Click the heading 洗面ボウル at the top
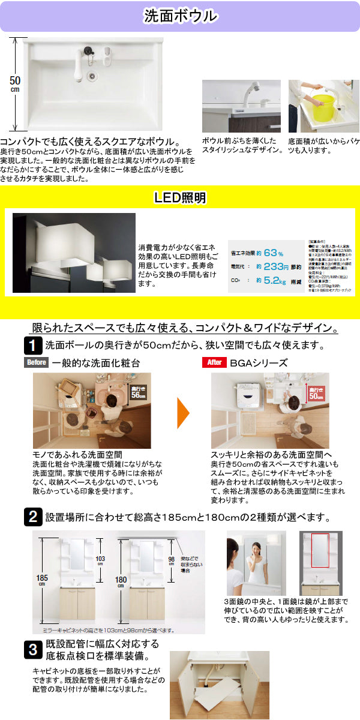pyautogui.click(x=180, y=16)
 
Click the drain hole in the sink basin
pyautogui.click(x=92, y=76)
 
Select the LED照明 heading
pyautogui.click(x=180, y=197)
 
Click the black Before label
pyautogui.click(x=35, y=362)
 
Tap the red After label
pyautogui.click(x=215, y=362)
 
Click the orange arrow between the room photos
pyautogui.click(x=184, y=412)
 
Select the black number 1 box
pyautogui.click(x=32, y=345)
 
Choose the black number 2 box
pyautogui.click(x=32, y=517)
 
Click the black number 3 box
pyautogui.click(x=32, y=649)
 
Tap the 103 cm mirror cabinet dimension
pyautogui.click(x=100, y=560)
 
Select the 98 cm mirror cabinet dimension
pyautogui.click(x=171, y=560)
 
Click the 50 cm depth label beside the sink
pyautogui.click(x=15, y=83)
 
